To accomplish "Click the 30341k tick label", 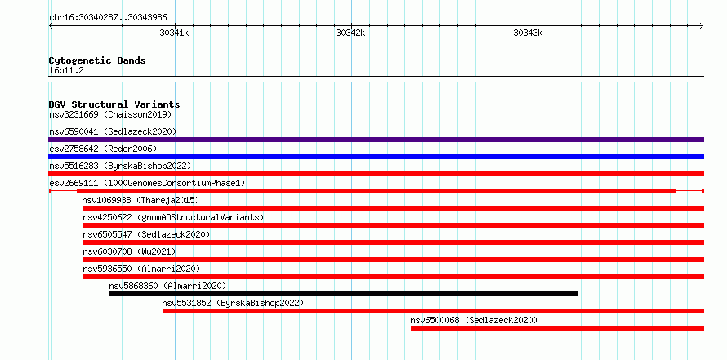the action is click(x=174, y=33).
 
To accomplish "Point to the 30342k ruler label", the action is click(x=350, y=33).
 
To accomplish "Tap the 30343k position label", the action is click(x=528, y=33).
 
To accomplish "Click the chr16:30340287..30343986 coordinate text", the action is click(x=108, y=18).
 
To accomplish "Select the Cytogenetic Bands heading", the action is click(x=97, y=60).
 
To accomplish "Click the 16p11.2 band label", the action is click(x=66, y=71).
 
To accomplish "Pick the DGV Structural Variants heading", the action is click(x=114, y=104).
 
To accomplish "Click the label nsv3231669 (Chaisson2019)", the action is click(x=110, y=114).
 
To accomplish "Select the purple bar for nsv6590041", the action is click(x=376, y=140).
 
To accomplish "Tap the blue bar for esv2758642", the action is click(x=376, y=157).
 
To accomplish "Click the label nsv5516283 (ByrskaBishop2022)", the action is click(x=120, y=166).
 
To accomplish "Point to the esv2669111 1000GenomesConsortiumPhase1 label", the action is click(x=147, y=184).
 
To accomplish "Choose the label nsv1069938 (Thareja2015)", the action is click(x=140, y=200).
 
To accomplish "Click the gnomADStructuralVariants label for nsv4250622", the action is click(x=173, y=217).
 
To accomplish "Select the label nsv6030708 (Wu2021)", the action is click(x=129, y=251).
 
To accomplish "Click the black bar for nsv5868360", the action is click(x=344, y=294).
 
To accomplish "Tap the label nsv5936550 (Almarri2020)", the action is click(x=142, y=269).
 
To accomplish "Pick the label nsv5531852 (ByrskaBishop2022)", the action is click(x=233, y=303).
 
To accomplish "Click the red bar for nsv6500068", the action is click(x=557, y=328).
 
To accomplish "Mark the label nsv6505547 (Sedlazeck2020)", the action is click(x=146, y=234).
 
